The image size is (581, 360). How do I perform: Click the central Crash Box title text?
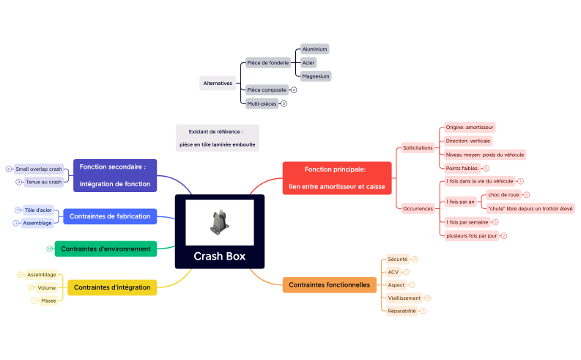[219, 257]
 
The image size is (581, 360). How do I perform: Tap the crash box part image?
[219, 223]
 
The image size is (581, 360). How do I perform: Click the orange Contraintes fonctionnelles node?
[329, 284]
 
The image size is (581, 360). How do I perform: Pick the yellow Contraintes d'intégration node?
[112, 287]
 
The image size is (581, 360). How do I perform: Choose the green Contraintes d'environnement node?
[106, 249]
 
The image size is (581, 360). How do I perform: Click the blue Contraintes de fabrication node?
[110, 216]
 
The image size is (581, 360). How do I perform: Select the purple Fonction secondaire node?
[115, 175]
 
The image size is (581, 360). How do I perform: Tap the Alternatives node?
[218, 84]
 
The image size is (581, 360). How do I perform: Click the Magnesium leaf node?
[316, 76]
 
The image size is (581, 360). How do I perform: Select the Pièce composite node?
[267, 90]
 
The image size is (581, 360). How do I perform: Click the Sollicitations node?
[418, 148]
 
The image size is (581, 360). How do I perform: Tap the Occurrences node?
[418, 208]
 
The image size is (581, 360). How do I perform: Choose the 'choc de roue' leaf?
[503, 195]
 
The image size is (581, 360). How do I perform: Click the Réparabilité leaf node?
[401, 311]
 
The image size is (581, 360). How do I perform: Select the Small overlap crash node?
[39, 169]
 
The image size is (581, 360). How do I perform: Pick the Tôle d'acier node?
[38, 210]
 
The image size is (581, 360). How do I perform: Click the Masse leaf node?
[48, 301]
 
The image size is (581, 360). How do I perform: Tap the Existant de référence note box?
[218, 138]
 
